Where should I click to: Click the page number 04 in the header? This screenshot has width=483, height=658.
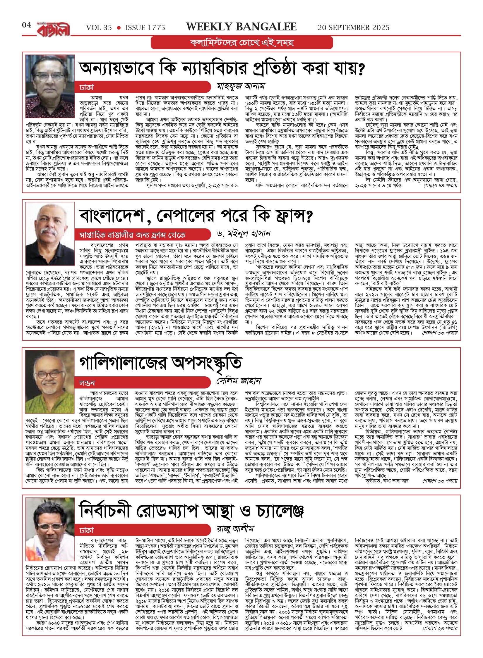click(26, 25)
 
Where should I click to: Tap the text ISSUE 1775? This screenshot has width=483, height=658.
click(145, 28)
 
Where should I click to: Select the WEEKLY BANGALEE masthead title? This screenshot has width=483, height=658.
click(241, 27)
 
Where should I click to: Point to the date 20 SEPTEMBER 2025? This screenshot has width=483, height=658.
click(354, 28)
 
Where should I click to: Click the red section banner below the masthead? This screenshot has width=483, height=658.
click(242, 43)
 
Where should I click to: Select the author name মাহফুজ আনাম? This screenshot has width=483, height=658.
click(241, 86)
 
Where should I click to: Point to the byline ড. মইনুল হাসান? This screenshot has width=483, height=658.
click(244, 234)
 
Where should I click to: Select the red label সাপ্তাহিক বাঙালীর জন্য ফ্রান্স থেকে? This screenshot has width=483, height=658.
click(132, 235)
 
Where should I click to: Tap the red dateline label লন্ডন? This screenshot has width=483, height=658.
click(87, 383)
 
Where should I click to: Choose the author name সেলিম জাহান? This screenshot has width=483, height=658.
click(239, 381)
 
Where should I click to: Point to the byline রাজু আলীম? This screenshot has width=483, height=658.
click(235, 528)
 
